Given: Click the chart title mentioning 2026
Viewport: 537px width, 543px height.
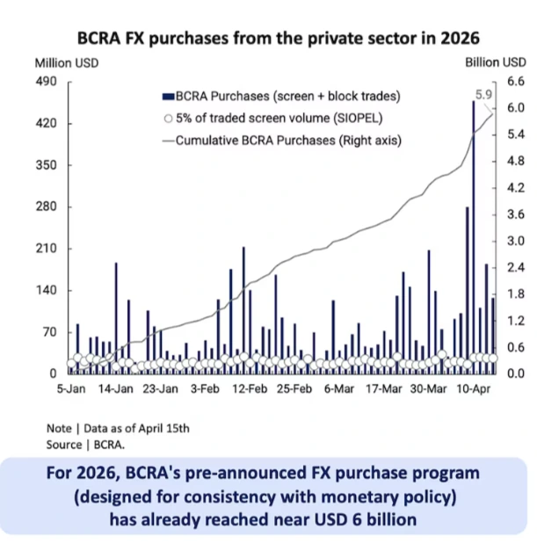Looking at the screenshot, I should tap(279, 38).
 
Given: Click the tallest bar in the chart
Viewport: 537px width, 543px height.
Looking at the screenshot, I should tap(474, 237).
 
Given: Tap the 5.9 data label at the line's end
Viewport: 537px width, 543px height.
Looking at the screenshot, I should tap(483, 94).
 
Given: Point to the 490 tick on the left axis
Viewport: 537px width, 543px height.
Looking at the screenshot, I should tap(45, 82).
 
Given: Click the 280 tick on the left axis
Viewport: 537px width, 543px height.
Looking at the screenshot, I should tap(45, 207).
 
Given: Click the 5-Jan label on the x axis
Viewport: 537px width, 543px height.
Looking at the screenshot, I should tap(72, 387).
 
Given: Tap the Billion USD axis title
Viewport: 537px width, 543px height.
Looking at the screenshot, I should tap(495, 62).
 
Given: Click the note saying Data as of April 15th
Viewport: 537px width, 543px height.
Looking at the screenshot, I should tap(118, 428).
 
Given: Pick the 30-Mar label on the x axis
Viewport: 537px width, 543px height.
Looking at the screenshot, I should tap(426, 387).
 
